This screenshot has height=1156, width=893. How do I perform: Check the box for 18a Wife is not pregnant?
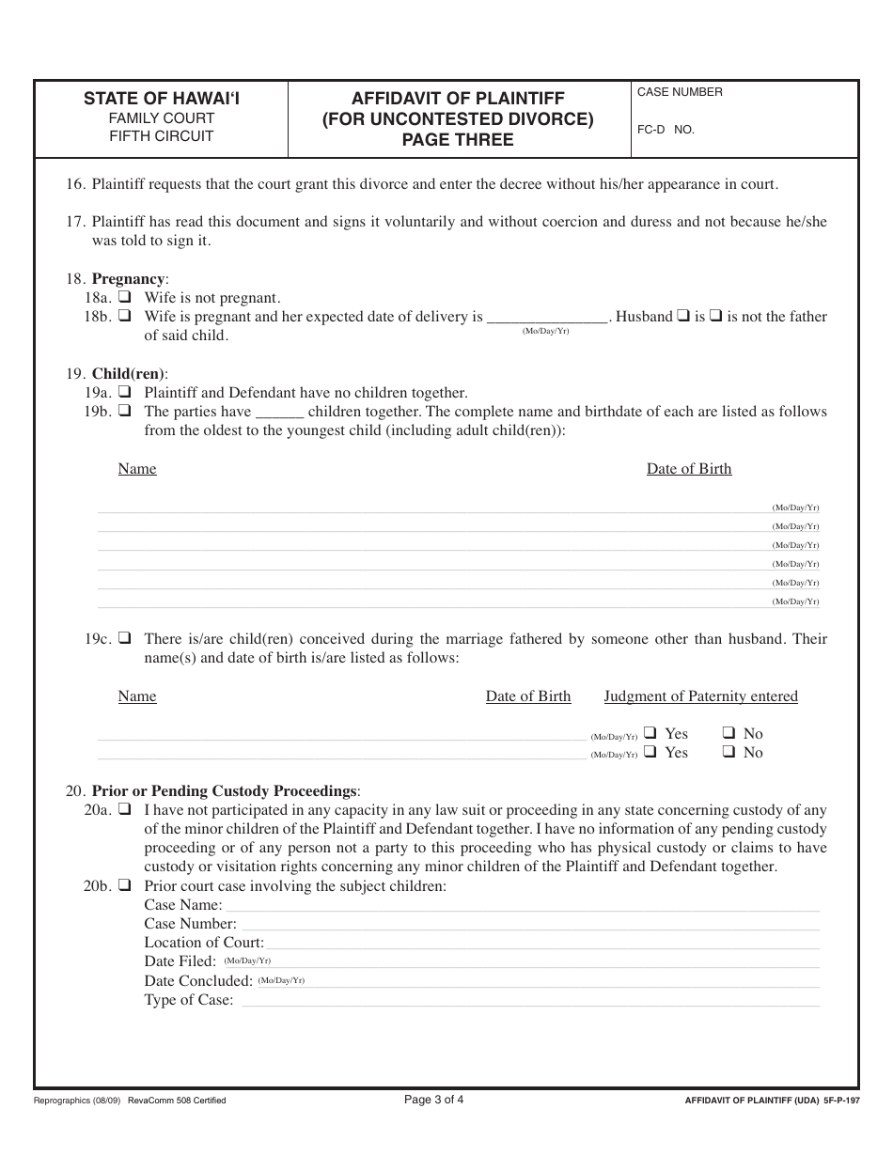124,298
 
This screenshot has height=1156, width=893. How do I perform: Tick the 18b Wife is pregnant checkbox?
124,317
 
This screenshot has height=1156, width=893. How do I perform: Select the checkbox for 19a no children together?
124,393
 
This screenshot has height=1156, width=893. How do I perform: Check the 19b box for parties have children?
124,412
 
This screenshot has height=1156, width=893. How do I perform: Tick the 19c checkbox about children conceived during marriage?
124,639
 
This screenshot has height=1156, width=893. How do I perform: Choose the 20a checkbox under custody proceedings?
124,810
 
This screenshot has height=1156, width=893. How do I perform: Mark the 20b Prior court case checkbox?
124,886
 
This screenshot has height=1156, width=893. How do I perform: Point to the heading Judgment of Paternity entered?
700,696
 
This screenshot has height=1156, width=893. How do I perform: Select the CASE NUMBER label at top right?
680,92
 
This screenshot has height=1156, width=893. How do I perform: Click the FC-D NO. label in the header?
666,130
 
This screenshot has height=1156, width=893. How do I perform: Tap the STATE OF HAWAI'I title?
162,98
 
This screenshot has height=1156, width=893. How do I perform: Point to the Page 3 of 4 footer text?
433,1100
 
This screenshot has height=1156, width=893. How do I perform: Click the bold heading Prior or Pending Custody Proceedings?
225,790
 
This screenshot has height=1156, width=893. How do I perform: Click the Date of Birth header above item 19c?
527,696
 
